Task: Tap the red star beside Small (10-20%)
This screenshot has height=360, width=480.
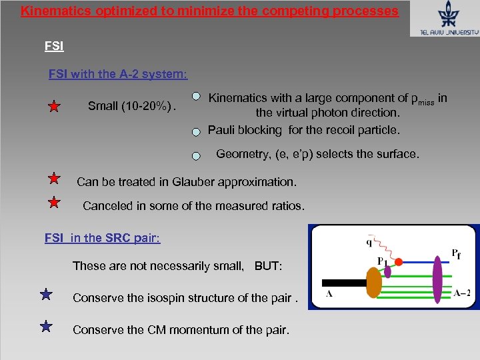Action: click(x=55, y=107)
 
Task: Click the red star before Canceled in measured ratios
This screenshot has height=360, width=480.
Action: click(x=55, y=202)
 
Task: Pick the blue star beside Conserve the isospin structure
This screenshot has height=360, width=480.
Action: click(x=46, y=294)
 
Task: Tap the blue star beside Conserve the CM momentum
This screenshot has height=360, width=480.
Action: click(x=46, y=326)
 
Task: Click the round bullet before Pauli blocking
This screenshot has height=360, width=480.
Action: click(x=196, y=131)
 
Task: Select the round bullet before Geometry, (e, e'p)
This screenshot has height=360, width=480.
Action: click(x=196, y=156)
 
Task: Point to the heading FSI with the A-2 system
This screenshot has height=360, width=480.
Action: click(x=118, y=74)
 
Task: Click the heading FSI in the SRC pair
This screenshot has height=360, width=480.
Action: click(x=102, y=238)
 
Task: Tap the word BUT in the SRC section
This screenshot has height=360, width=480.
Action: click(x=268, y=266)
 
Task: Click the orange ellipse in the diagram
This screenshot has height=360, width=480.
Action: click(x=375, y=282)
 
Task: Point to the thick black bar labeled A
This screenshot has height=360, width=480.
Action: click(x=343, y=283)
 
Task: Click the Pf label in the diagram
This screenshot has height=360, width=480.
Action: click(x=456, y=253)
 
